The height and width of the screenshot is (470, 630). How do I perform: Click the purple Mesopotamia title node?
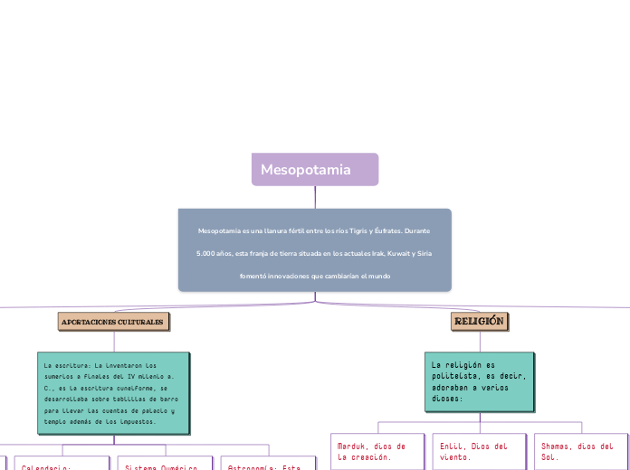click(314, 170)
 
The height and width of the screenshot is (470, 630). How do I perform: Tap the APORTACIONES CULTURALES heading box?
click(113, 322)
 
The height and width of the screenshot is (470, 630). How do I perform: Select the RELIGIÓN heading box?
click(479, 322)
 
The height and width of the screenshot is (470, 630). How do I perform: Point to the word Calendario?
click(46, 466)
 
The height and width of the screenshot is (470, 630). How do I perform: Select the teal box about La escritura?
click(113, 393)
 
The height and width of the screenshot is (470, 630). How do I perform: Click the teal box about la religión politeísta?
click(479, 380)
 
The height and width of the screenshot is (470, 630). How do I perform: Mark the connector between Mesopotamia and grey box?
click(314, 197)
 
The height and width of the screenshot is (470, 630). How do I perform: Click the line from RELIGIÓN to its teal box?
click(479, 341)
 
